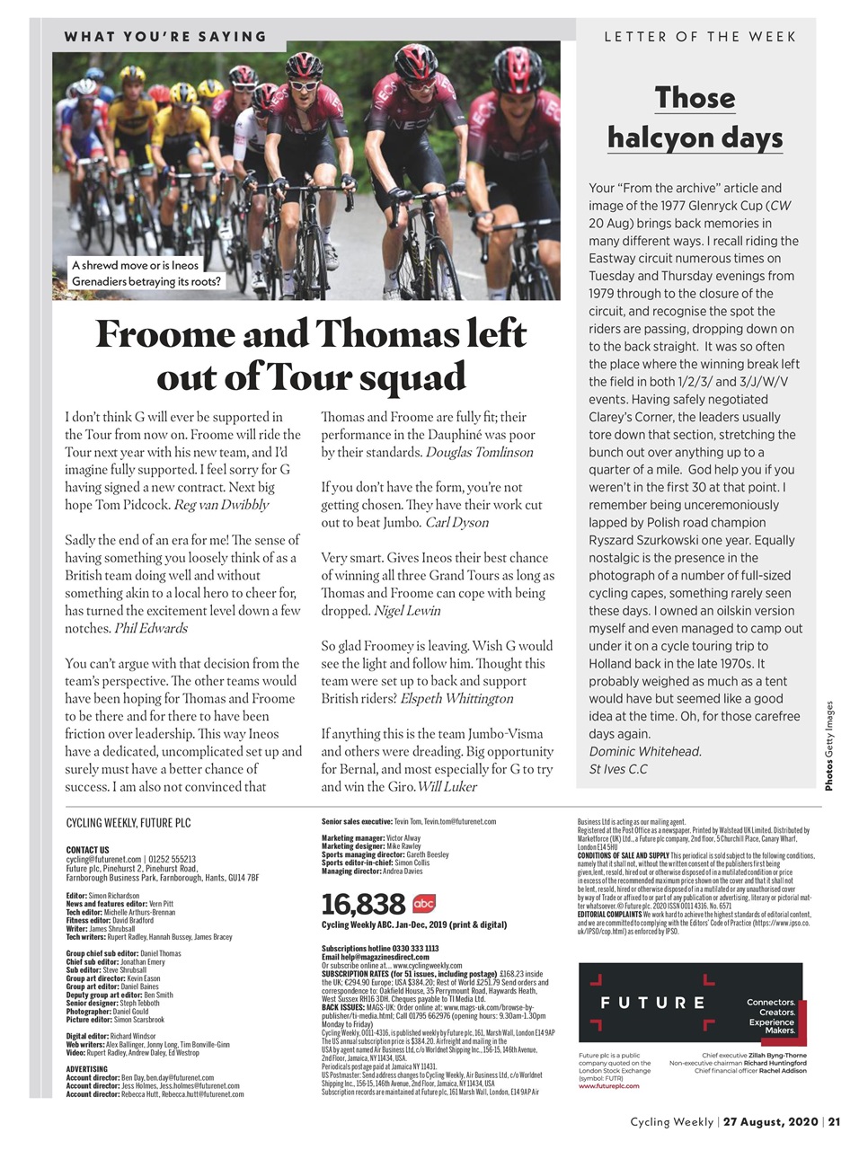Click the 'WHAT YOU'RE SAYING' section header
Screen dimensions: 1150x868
point(165,37)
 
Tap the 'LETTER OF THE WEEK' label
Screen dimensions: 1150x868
point(700,37)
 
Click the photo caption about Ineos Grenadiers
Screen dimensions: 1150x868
point(146,273)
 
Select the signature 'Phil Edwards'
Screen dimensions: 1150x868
point(151,628)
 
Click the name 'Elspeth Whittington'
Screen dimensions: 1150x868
point(456,698)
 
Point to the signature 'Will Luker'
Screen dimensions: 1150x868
point(447,786)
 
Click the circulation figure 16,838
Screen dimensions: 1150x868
point(363,904)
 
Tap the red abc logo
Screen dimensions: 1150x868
point(423,903)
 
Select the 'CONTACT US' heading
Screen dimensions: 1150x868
point(87,850)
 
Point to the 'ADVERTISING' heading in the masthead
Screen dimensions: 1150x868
point(87,1069)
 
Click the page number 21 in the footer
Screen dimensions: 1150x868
point(834,1121)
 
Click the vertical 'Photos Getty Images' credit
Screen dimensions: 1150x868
point(829,746)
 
